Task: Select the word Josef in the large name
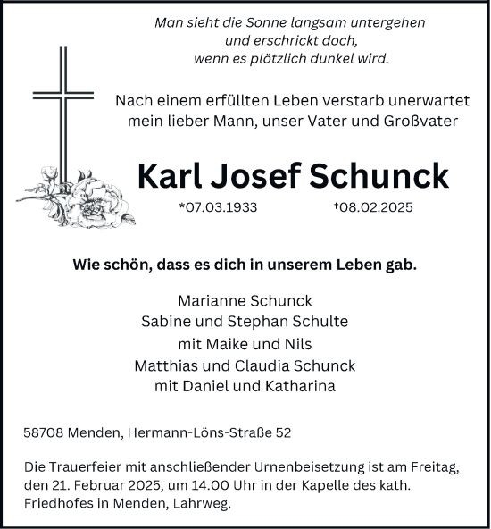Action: pos(261,176)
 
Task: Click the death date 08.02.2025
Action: pos(376,207)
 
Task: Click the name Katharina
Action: pos(299,386)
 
